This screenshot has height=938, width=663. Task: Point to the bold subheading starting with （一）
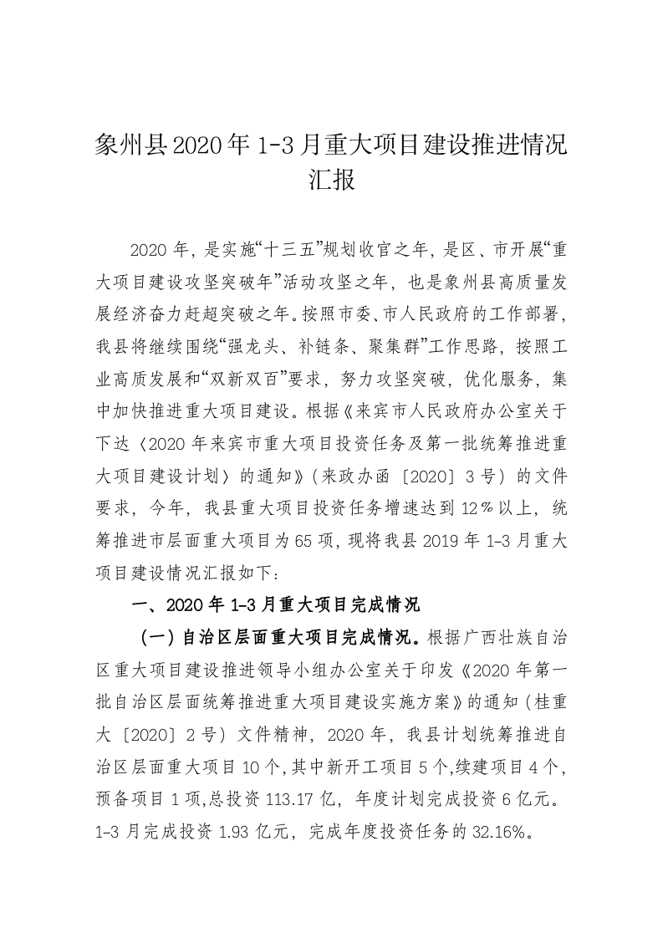point(276,640)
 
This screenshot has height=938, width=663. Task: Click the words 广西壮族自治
point(521,640)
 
